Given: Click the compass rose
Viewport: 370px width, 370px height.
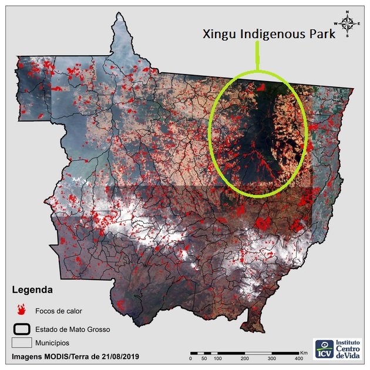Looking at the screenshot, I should [x=348, y=23].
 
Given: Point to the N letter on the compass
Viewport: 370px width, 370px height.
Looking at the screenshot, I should [x=348, y=12].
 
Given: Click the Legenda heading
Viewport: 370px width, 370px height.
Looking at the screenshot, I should [x=32, y=290].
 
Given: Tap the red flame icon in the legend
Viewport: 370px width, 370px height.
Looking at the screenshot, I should [x=22, y=308].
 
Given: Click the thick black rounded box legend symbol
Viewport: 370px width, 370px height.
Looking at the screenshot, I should [x=22, y=328].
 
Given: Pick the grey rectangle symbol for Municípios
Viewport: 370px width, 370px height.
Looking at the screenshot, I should [x=22, y=342].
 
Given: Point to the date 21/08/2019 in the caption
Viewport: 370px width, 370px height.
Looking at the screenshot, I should [x=119, y=356].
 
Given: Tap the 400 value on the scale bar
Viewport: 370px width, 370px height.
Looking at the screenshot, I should [x=298, y=358].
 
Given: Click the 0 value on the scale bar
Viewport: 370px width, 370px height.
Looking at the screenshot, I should [x=191, y=358].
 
